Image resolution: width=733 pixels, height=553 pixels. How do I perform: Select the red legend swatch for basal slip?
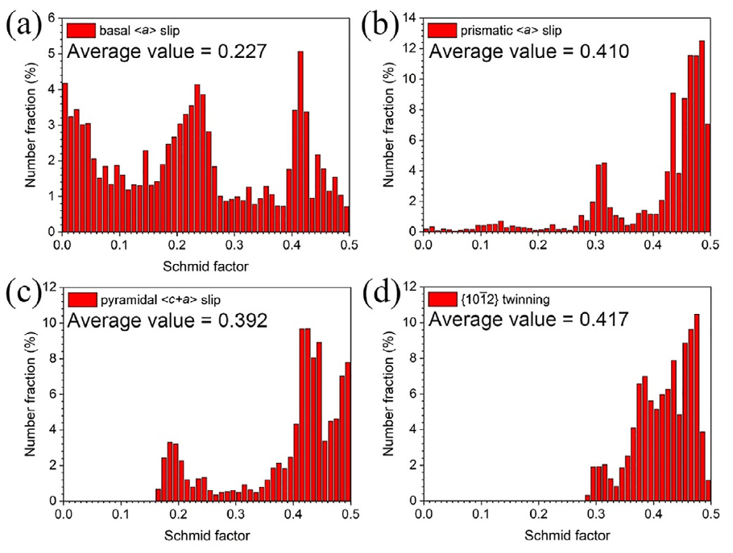(81, 30)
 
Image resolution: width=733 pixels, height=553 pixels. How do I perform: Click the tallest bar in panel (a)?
(300, 141)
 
